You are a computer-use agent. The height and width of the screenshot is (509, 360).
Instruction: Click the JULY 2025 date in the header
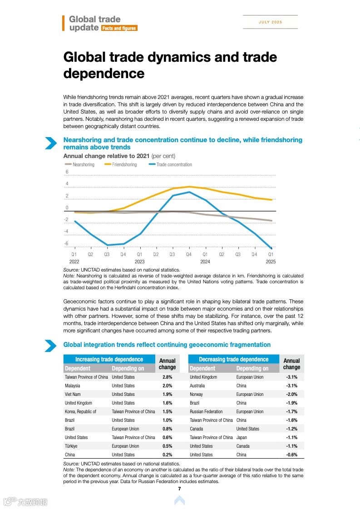pyautogui.click(x=270, y=22)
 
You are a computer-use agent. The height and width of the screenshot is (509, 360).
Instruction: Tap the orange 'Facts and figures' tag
pyautogui.click(x=119, y=28)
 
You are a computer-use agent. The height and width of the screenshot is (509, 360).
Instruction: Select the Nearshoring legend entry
pyautogui.click(x=83, y=164)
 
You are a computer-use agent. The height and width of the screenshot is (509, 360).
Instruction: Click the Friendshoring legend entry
pyautogui.click(x=124, y=164)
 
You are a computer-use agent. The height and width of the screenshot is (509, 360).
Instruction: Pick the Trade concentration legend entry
pyautogui.click(x=174, y=164)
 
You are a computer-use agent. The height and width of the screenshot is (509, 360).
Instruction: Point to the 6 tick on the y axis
pyautogui.click(x=67, y=172)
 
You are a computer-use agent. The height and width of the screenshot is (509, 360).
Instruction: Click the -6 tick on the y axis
pyautogui.click(x=66, y=244)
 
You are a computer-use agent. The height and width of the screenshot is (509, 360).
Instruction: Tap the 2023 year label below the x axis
pyautogui.click(x=139, y=262)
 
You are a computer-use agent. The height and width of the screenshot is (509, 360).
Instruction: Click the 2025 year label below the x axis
pyautogui.click(x=271, y=262)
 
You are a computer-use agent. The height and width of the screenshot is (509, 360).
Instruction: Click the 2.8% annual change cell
pyautogui.click(x=167, y=377)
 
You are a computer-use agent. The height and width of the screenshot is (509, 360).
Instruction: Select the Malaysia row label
pyautogui.click(x=73, y=385)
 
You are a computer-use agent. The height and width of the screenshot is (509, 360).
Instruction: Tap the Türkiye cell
pyautogui.click(x=71, y=446)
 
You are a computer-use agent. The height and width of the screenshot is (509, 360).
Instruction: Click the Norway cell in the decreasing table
pyautogui.click(x=196, y=394)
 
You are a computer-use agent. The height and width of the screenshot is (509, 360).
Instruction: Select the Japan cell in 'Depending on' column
pyautogui.click(x=241, y=437)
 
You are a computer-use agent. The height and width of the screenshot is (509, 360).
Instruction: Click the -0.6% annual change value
pyautogui.click(x=291, y=455)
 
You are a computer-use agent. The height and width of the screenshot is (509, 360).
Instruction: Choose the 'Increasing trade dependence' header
pyautogui.click(x=109, y=359)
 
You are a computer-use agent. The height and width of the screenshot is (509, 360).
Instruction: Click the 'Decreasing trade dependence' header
pyautogui.click(x=233, y=359)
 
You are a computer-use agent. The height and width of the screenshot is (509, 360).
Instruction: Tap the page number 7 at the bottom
pyautogui.click(x=180, y=489)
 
